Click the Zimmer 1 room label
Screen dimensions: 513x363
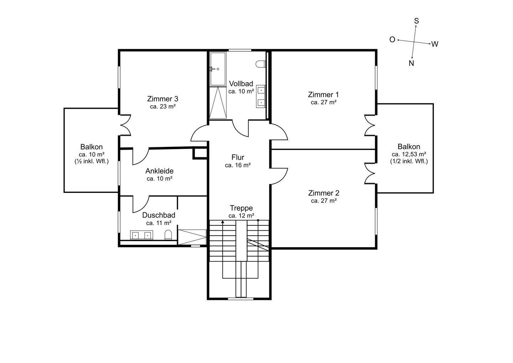pyautogui.click(x=323, y=94)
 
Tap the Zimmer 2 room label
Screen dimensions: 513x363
pyautogui.click(x=323, y=193)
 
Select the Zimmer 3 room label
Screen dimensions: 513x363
pyautogui.click(x=162, y=99)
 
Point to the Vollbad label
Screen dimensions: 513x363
pyautogui.click(x=241, y=84)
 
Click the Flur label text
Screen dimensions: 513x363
pyautogui.click(x=238, y=158)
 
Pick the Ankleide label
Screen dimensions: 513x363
pyautogui.click(x=159, y=171)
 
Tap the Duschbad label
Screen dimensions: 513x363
pyautogui.click(x=159, y=215)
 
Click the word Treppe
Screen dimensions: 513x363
pyautogui.click(x=242, y=208)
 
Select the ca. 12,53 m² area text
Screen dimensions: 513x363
pyautogui.click(x=409, y=154)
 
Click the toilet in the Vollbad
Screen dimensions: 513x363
pyautogui.click(x=261, y=64)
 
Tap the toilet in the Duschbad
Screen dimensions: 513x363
pyautogui.click(x=168, y=235)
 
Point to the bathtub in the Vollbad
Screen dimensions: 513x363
pyautogui.click(x=218, y=69)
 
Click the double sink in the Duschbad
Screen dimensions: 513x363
pyautogui.click(x=141, y=235)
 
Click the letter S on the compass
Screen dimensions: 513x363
pyautogui.click(x=416, y=21)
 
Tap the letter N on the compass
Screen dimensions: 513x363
pyautogui.click(x=411, y=63)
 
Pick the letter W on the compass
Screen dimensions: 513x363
pyautogui.click(x=435, y=44)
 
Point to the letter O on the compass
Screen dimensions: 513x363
pyautogui.click(x=392, y=40)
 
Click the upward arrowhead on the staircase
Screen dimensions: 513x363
pyautogui.click(x=223, y=221)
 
